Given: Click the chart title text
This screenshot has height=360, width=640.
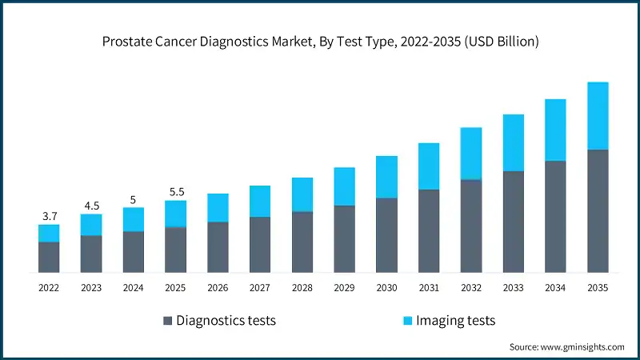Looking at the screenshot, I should pos(320,42).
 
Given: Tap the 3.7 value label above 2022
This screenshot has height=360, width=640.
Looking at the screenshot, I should pos(49,217).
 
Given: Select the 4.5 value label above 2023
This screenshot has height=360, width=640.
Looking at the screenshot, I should pos(91,206).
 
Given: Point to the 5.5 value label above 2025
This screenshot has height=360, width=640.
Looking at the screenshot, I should pos(175,192).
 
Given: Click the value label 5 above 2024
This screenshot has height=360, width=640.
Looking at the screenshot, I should pos(133,199).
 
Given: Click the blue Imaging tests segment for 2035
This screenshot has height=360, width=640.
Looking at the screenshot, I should pos(598,115).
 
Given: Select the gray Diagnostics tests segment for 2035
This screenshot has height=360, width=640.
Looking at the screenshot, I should pos(598,210).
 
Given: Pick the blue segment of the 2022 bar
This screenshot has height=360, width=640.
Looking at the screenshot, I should pos(49,233).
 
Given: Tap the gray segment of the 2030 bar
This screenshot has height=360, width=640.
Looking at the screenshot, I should pos(386,234).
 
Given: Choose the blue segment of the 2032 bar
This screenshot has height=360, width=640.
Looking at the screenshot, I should pos(471,153).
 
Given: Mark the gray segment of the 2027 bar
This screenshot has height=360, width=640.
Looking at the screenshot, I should pos(260,244).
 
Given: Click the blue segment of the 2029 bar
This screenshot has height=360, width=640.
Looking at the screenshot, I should pos(344,186).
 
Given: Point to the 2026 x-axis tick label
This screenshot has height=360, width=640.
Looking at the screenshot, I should pos(218,286).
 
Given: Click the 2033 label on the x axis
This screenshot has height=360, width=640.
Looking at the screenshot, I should pos(513,286).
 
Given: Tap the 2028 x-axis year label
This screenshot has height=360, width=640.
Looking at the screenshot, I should pos(302,286).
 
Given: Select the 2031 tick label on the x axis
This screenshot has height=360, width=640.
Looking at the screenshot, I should pos(429,286).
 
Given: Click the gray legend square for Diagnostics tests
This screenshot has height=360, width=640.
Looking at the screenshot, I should pos(167,321).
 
